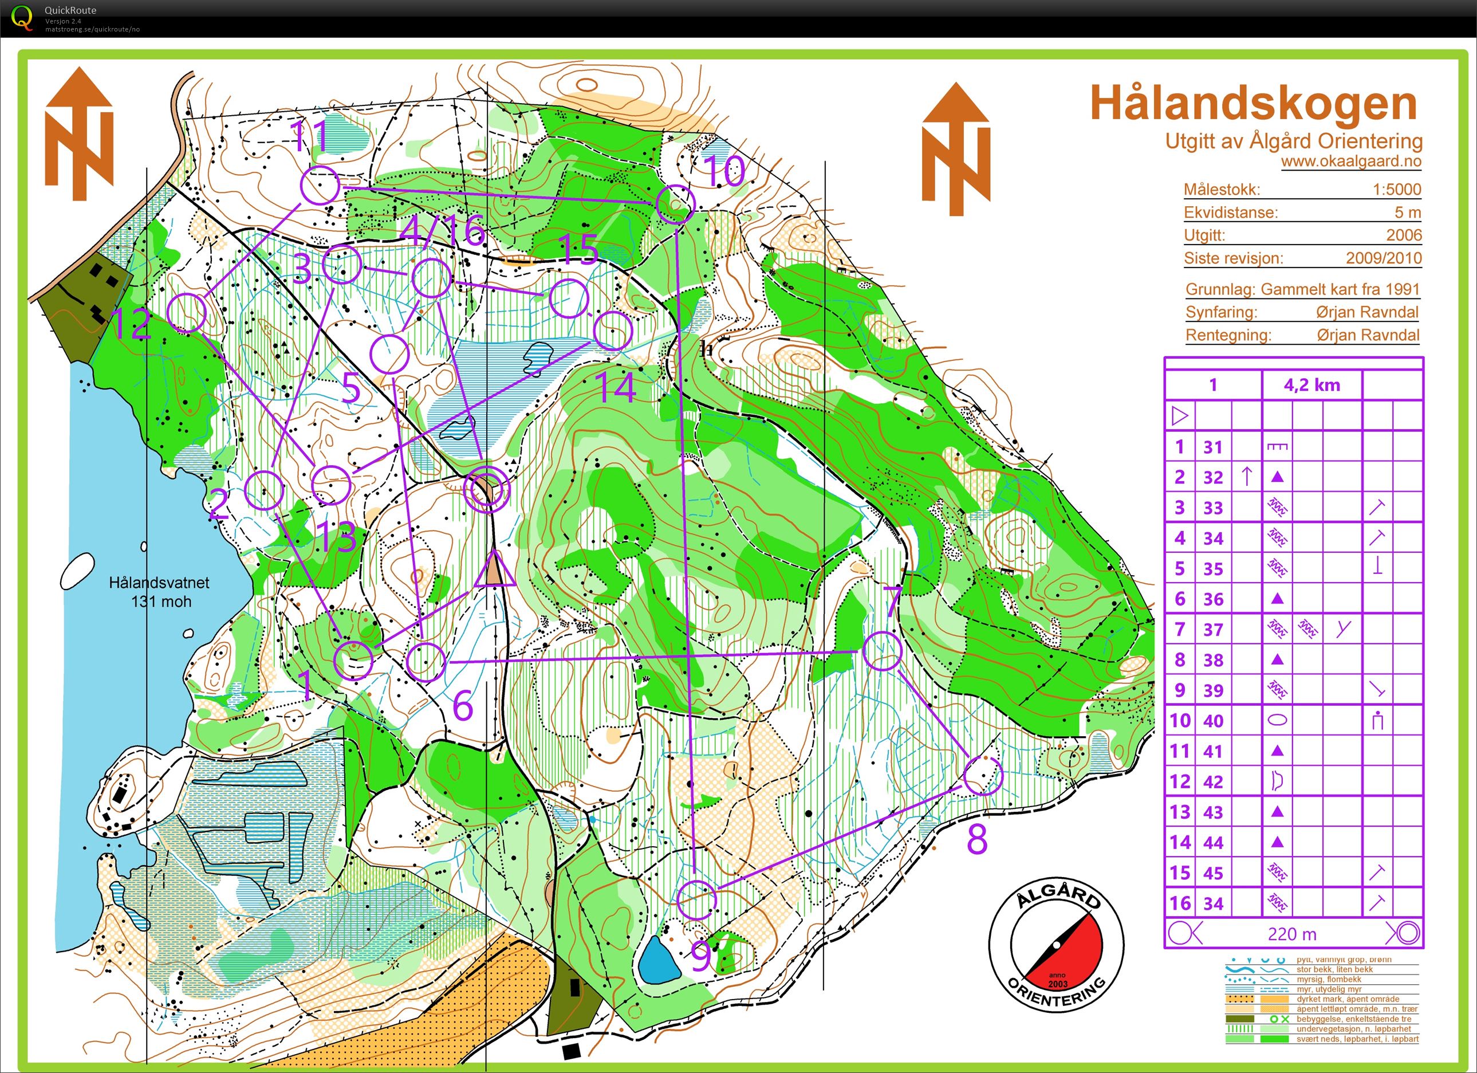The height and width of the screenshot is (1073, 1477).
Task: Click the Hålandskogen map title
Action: pyautogui.click(x=1253, y=104)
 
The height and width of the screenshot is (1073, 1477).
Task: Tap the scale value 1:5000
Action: pyautogui.click(x=1396, y=190)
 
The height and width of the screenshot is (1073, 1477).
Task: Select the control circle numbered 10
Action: pyautogui.click(x=675, y=203)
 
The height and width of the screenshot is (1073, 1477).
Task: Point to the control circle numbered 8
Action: pyautogui.click(x=982, y=775)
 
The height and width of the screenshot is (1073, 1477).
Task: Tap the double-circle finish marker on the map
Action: pyautogui.click(x=486, y=489)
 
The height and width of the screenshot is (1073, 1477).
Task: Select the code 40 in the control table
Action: pyautogui.click(x=1212, y=721)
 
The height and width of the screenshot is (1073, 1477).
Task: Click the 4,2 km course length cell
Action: pyautogui.click(x=1311, y=385)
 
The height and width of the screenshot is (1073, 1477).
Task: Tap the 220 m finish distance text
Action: pyautogui.click(x=1291, y=934)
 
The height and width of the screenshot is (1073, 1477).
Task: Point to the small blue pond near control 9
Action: pyautogui.click(x=659, y=960)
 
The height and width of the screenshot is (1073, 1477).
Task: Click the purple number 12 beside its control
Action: pyautogui.click(x=132, y=324)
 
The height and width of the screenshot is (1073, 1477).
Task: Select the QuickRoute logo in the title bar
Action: pyautogui.click(x=22, y=18)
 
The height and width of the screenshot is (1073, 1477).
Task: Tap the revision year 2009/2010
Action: pyautogui.click(x=1383, y=258)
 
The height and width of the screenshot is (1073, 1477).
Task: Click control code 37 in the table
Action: pyautogui.click(x=1212, y=630)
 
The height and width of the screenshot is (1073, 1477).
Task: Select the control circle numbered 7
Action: pyautogui.click(x=883, y=651)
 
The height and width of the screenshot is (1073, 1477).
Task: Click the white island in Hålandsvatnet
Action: pyautogui.click(x=77, y=571)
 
